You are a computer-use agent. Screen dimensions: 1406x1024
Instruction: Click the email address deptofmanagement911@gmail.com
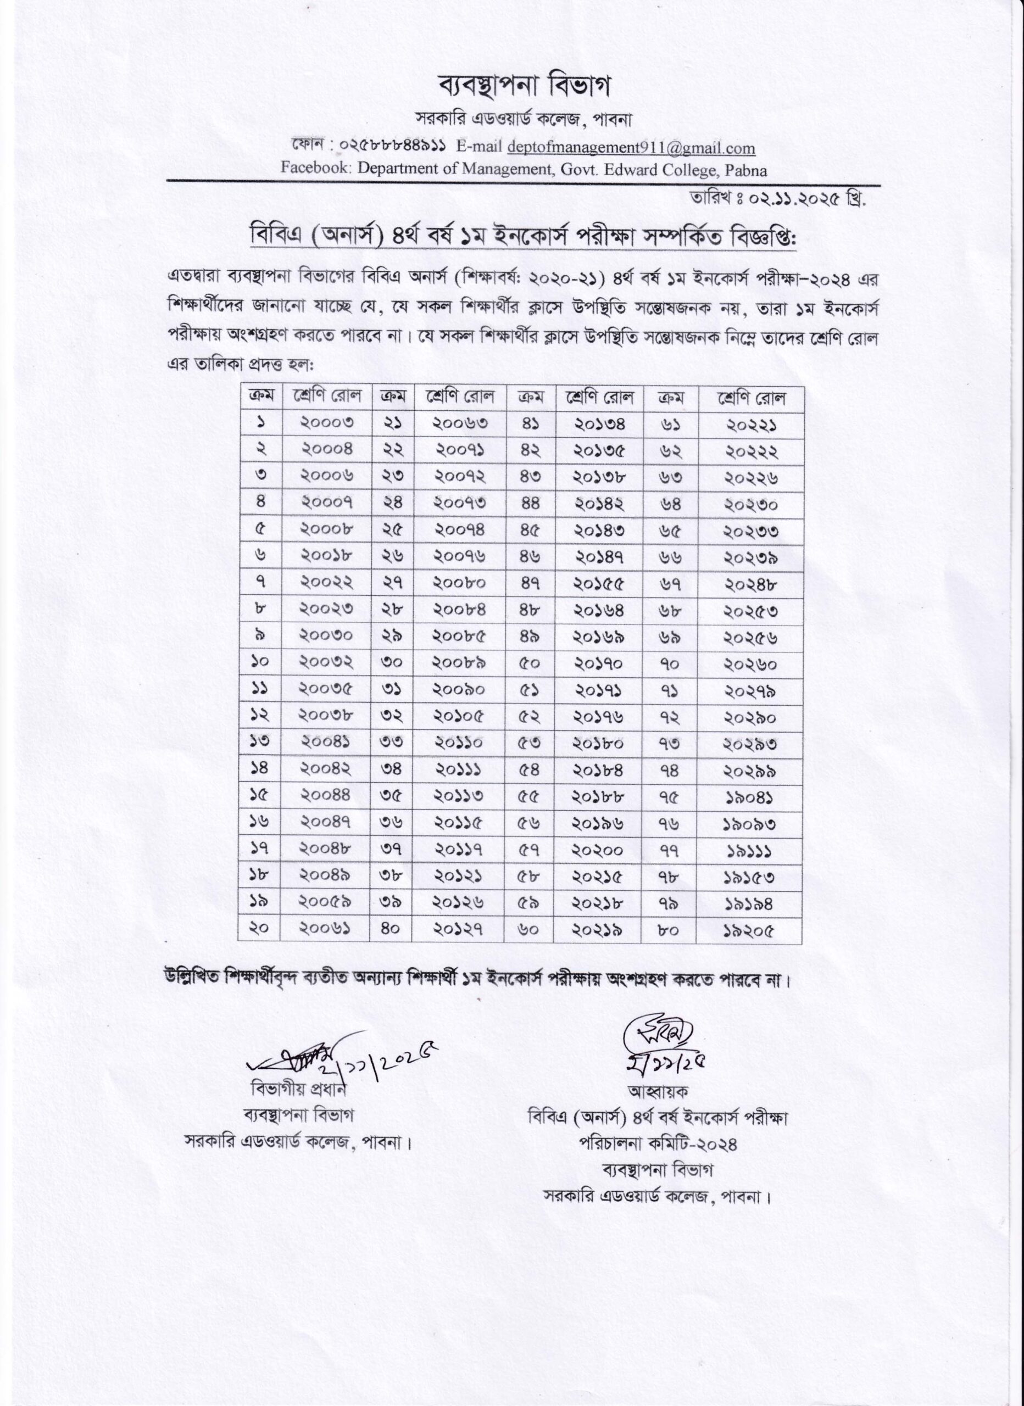click(x=631, y=148)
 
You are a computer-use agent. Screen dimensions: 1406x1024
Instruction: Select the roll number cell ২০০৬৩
click(x=460, y=424)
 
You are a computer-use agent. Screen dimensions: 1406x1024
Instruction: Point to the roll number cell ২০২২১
click(x=750, y=424)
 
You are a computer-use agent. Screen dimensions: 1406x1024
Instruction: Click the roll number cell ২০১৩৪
click(x=598, y=424)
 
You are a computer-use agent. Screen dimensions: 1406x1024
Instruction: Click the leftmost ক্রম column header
click(x=261, y=398)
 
